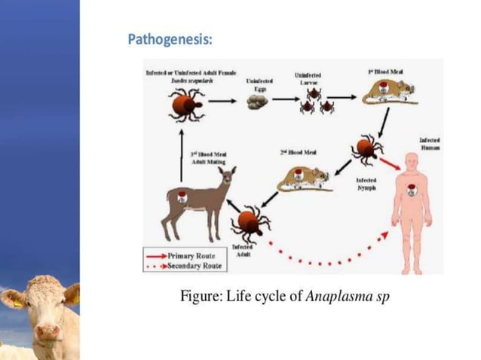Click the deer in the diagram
191,200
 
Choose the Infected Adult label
241,251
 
